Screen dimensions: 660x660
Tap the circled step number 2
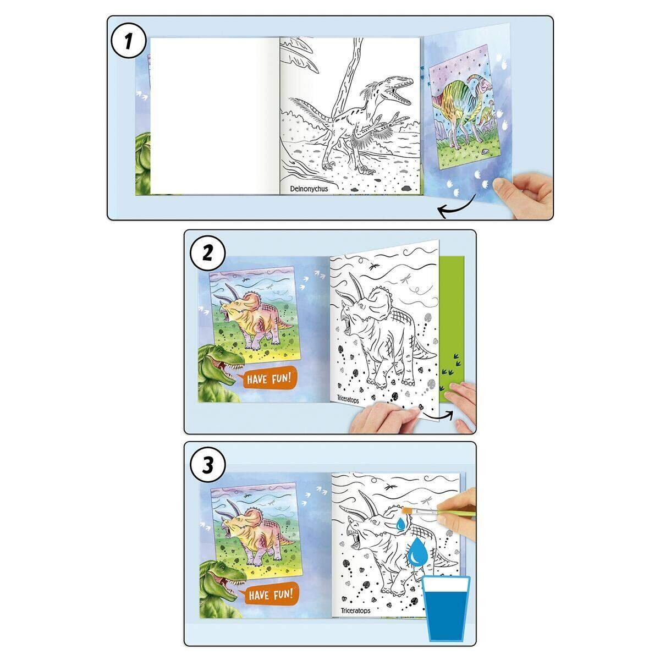point(207,254)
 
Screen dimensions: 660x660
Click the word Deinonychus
point(309,189)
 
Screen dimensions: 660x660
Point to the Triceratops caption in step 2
point(345,399)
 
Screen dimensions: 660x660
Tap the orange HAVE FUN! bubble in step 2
point(267,379)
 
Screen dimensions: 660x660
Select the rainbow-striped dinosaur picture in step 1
point(463,106)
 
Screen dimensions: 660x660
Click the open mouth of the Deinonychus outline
point(401,93)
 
